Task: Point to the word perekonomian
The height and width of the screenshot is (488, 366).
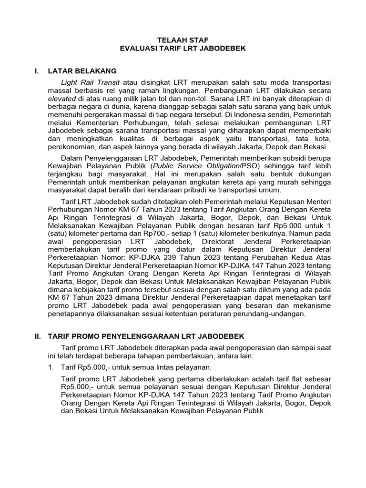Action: pyautogui.click(x=71, y=147)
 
